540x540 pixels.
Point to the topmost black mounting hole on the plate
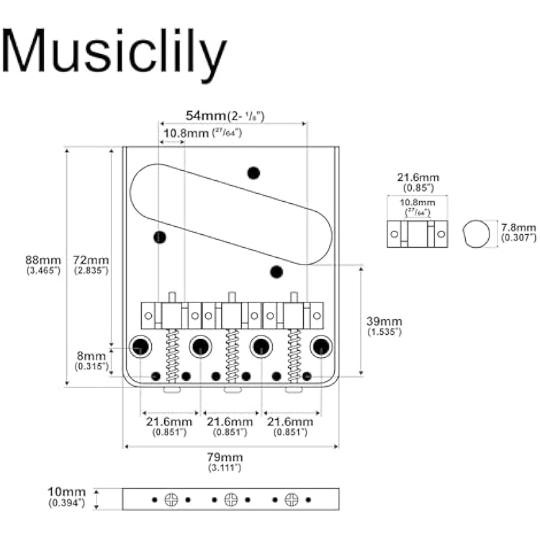coord(254,173)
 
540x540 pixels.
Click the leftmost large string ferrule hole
coord(140,347)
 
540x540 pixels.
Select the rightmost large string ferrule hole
coord(321,347)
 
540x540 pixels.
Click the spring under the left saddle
coord(172,355)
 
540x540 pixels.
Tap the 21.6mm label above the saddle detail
coord(417,180)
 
